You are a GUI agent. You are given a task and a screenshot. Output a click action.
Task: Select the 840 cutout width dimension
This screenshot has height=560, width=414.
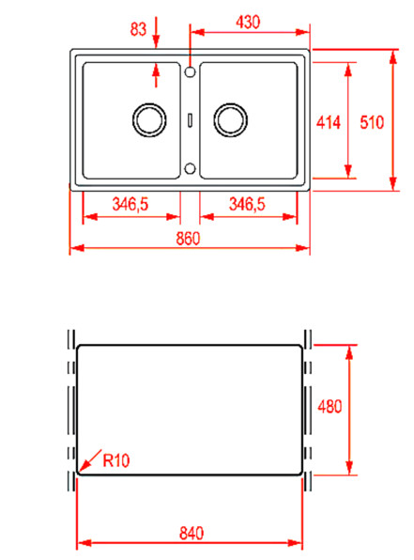tap(191, 533)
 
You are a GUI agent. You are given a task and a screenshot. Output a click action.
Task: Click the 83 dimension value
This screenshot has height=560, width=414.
tap(139, 30)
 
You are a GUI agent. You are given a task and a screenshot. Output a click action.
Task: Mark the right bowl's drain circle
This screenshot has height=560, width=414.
tap(230, 119)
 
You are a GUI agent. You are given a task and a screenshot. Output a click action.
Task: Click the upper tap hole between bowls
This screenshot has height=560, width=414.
tap(191, 70)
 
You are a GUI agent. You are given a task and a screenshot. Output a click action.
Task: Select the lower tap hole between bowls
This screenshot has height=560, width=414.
tap(191, 169)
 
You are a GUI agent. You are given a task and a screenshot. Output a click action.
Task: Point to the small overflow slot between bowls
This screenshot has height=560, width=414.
tap(191, 119)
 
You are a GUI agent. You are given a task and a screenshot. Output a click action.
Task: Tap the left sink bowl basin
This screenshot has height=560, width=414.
tap(130, 120)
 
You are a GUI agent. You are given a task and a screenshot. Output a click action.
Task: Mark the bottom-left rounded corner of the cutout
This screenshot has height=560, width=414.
tap(79, 473)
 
